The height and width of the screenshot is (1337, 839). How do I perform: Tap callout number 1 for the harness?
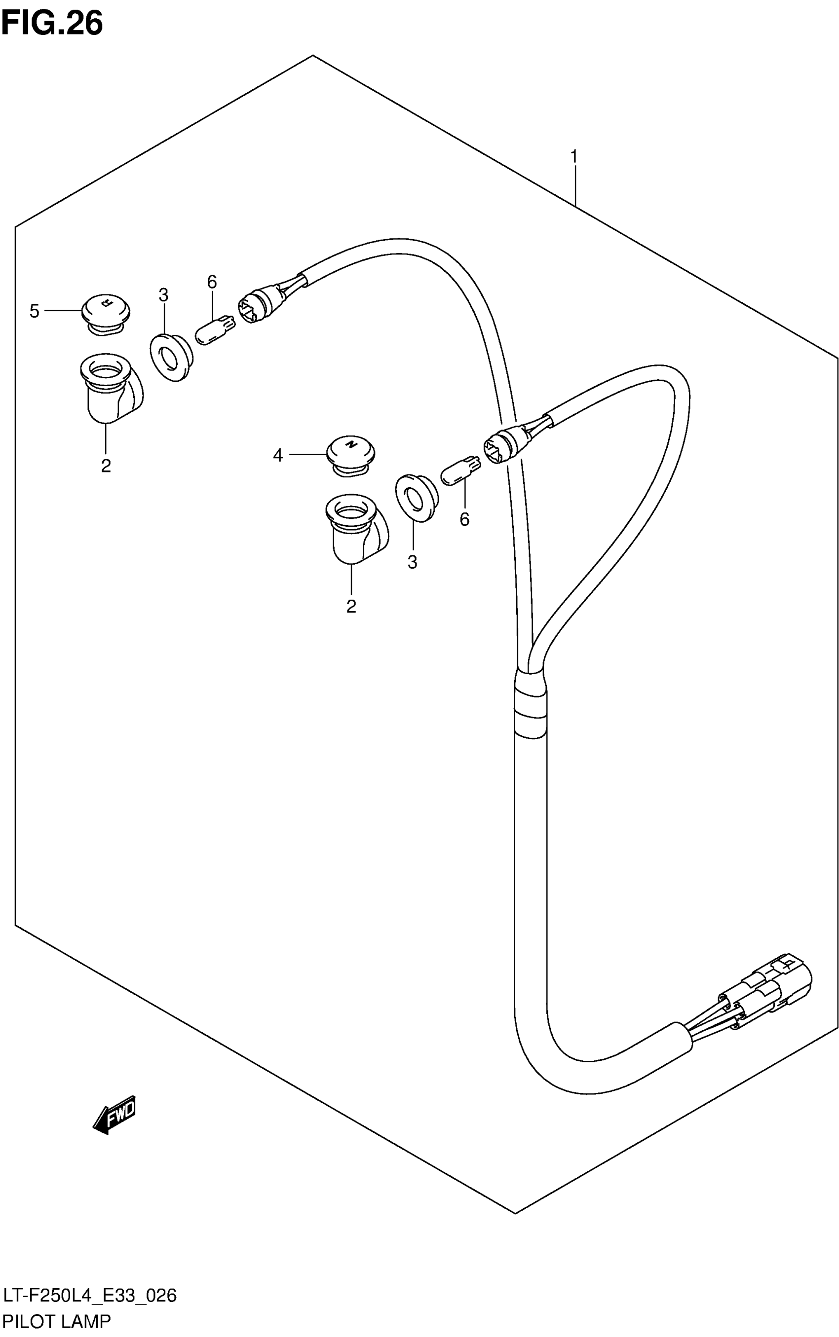pyautogui.click(x=574, y=157)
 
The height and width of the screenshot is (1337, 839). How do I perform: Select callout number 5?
pyautogui.click(x=35, y=311)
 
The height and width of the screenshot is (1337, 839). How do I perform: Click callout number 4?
pyautogui.click(x=278, y=455)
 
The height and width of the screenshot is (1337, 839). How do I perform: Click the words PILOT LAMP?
pyautogui.click(x=57, y=1322)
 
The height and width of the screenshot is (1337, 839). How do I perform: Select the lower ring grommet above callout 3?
pyautogui.click(x=416, y=497)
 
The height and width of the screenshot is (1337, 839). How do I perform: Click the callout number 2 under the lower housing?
pyautogui.click(x=351, y=606)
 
